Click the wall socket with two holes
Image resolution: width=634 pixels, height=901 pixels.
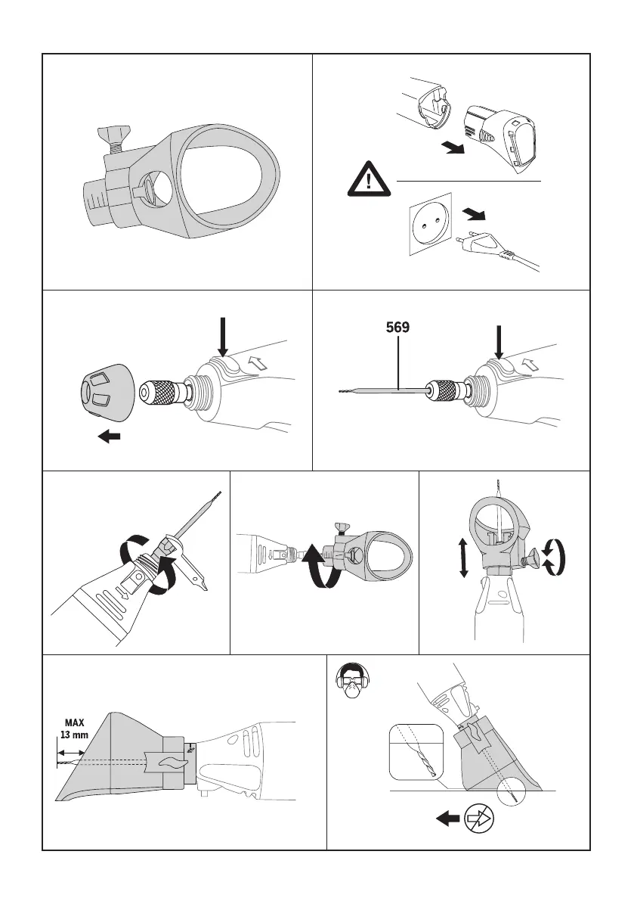(x=429, y=223)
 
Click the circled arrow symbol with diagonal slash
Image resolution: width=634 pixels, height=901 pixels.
(x=478, y=817)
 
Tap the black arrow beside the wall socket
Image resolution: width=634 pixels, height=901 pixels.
(x=475, y=216)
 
